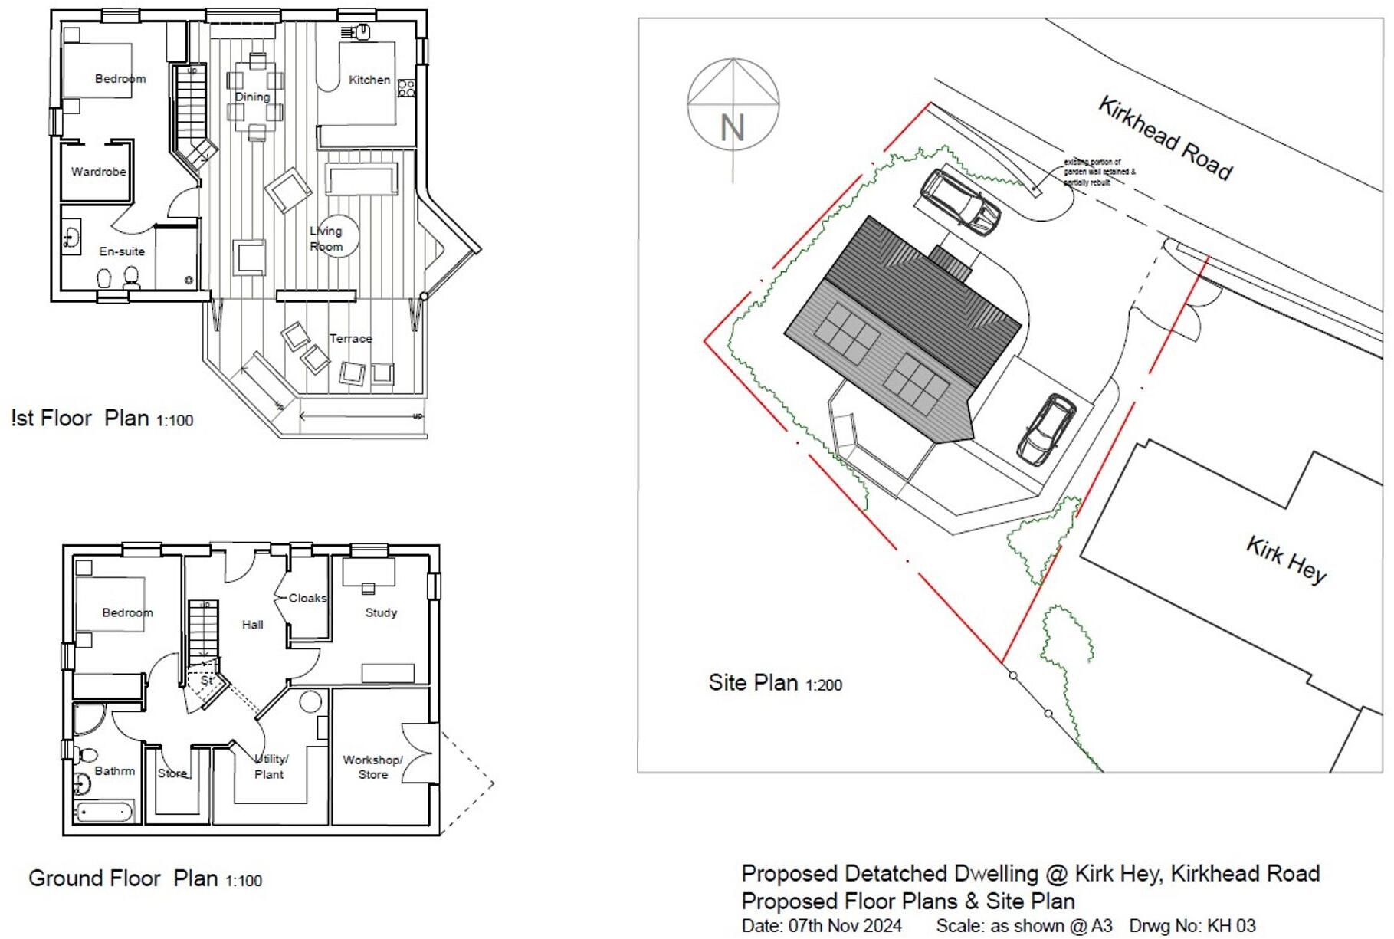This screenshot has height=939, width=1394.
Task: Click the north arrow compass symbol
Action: pos(733,104)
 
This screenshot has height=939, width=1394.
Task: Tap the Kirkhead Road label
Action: pos(1166,138)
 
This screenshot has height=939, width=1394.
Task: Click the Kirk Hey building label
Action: pos(1286,560)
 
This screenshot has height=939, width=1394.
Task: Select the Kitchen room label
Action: pos(369,80)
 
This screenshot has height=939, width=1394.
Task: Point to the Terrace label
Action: pos(351,338)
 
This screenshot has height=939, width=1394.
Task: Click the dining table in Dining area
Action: pos(256,97)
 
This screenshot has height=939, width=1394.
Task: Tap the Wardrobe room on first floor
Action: pos(98,172)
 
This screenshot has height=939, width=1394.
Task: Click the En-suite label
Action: pos(122,251)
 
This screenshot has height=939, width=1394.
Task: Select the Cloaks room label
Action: pos(307,598)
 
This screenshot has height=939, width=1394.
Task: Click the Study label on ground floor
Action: pos(381,612)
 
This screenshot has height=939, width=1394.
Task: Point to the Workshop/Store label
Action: pos(372,767)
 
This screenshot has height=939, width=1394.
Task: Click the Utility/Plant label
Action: pos(271,767)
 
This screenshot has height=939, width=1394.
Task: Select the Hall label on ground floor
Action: pos(252,625)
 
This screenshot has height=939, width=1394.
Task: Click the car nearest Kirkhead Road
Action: pos(959,202)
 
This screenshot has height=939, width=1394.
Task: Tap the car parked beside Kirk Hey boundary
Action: pos(1046,429)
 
